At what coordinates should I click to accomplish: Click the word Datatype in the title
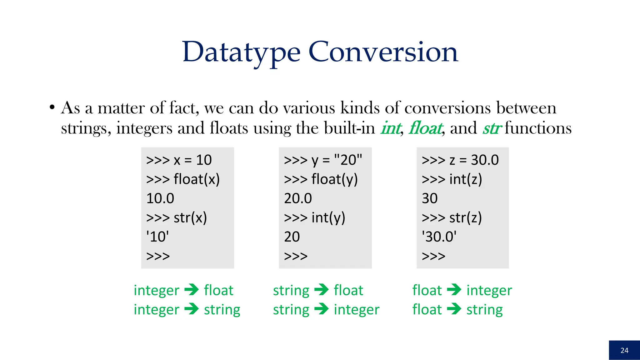pyautogui.click(x=241, y=52)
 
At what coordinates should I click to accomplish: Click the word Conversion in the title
pyautogui.click(x=383, y=52)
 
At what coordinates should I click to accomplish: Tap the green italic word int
pyautogui.click(x=390, y=128)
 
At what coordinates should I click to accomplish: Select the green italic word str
pyautogui.click(x=492, y=128)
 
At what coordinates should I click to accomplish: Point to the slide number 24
pyautogui.click(x=624, y=350)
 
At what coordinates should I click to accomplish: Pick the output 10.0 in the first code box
pyautogui.click(x=160, y=198)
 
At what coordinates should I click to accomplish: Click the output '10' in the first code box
pyautogui.click(x=157, y=237)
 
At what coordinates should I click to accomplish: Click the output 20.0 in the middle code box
pyautogui.click(x=298, y=198)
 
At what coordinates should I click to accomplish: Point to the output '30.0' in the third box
pyautogui.click(x=439, y=237)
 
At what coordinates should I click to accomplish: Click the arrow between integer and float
pyautogui.click(x=192, y=290)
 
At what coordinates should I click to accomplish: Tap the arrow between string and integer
pyautogui.click(x=321, y=309)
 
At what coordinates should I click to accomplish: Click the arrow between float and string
pyautogui.click(x=454, y=309)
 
